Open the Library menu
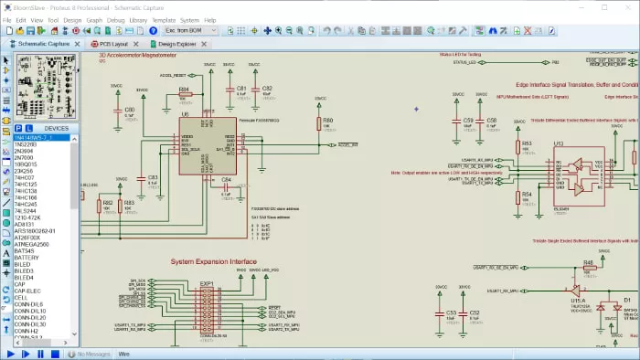point(139,19)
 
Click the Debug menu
point(115,19)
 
